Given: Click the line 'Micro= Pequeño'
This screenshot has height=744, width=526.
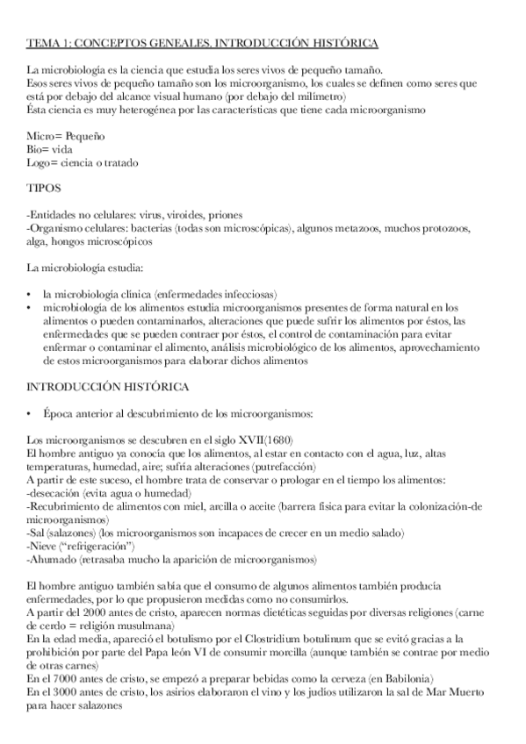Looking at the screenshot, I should pyautogui.click(x=67, y=139).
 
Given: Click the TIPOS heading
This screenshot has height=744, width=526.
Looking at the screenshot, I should pyautogui.click(x=44, y=189).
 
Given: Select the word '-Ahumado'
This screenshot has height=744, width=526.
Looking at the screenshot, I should pyautogui.click(x=51, y=559).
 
